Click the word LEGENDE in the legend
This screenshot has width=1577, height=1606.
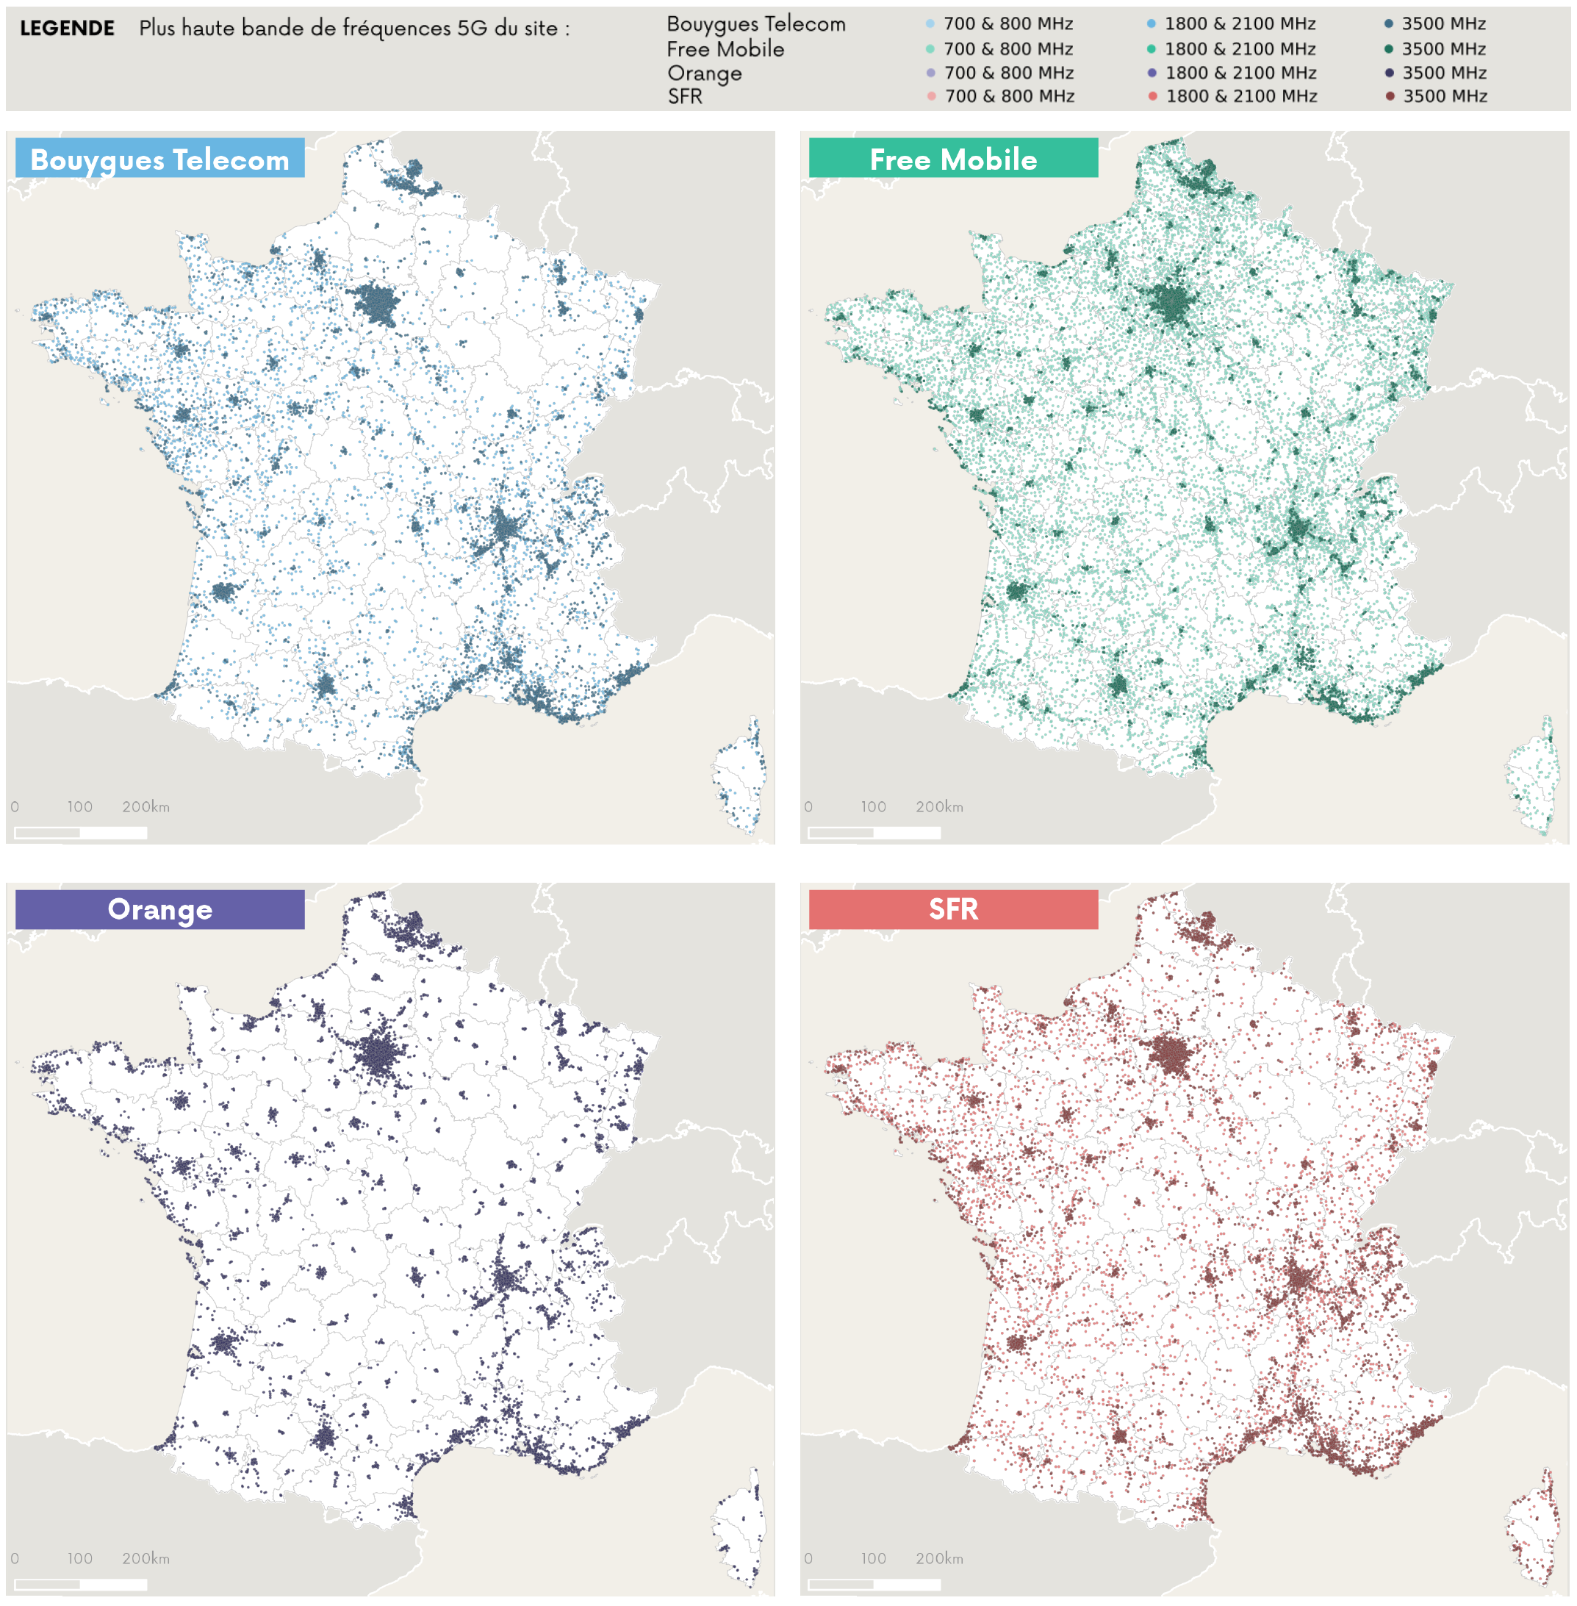click(x=67, y=28)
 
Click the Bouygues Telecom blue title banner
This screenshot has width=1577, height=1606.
click(x=160, y=158)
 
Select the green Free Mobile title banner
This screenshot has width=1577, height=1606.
click(x=952, y=158)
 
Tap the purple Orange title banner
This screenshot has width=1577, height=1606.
click(x=160, y=908)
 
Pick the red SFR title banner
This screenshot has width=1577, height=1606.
click(x=952, y=908)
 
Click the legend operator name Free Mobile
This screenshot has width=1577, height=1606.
click(x=725, y=49)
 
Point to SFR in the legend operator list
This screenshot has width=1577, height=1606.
click(x=685, y=96)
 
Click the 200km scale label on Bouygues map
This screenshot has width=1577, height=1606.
click(x=146, y=806)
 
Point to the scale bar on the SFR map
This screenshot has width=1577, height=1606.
click(x=874, y=1584)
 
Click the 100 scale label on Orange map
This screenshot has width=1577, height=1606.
click(x=79, y=1558)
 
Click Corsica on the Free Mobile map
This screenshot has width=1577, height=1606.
click(x=1532, y=778)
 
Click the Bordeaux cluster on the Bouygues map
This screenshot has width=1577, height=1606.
click(x=223, y=592)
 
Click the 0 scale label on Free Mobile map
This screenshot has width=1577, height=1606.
click(x=808, y=806)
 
